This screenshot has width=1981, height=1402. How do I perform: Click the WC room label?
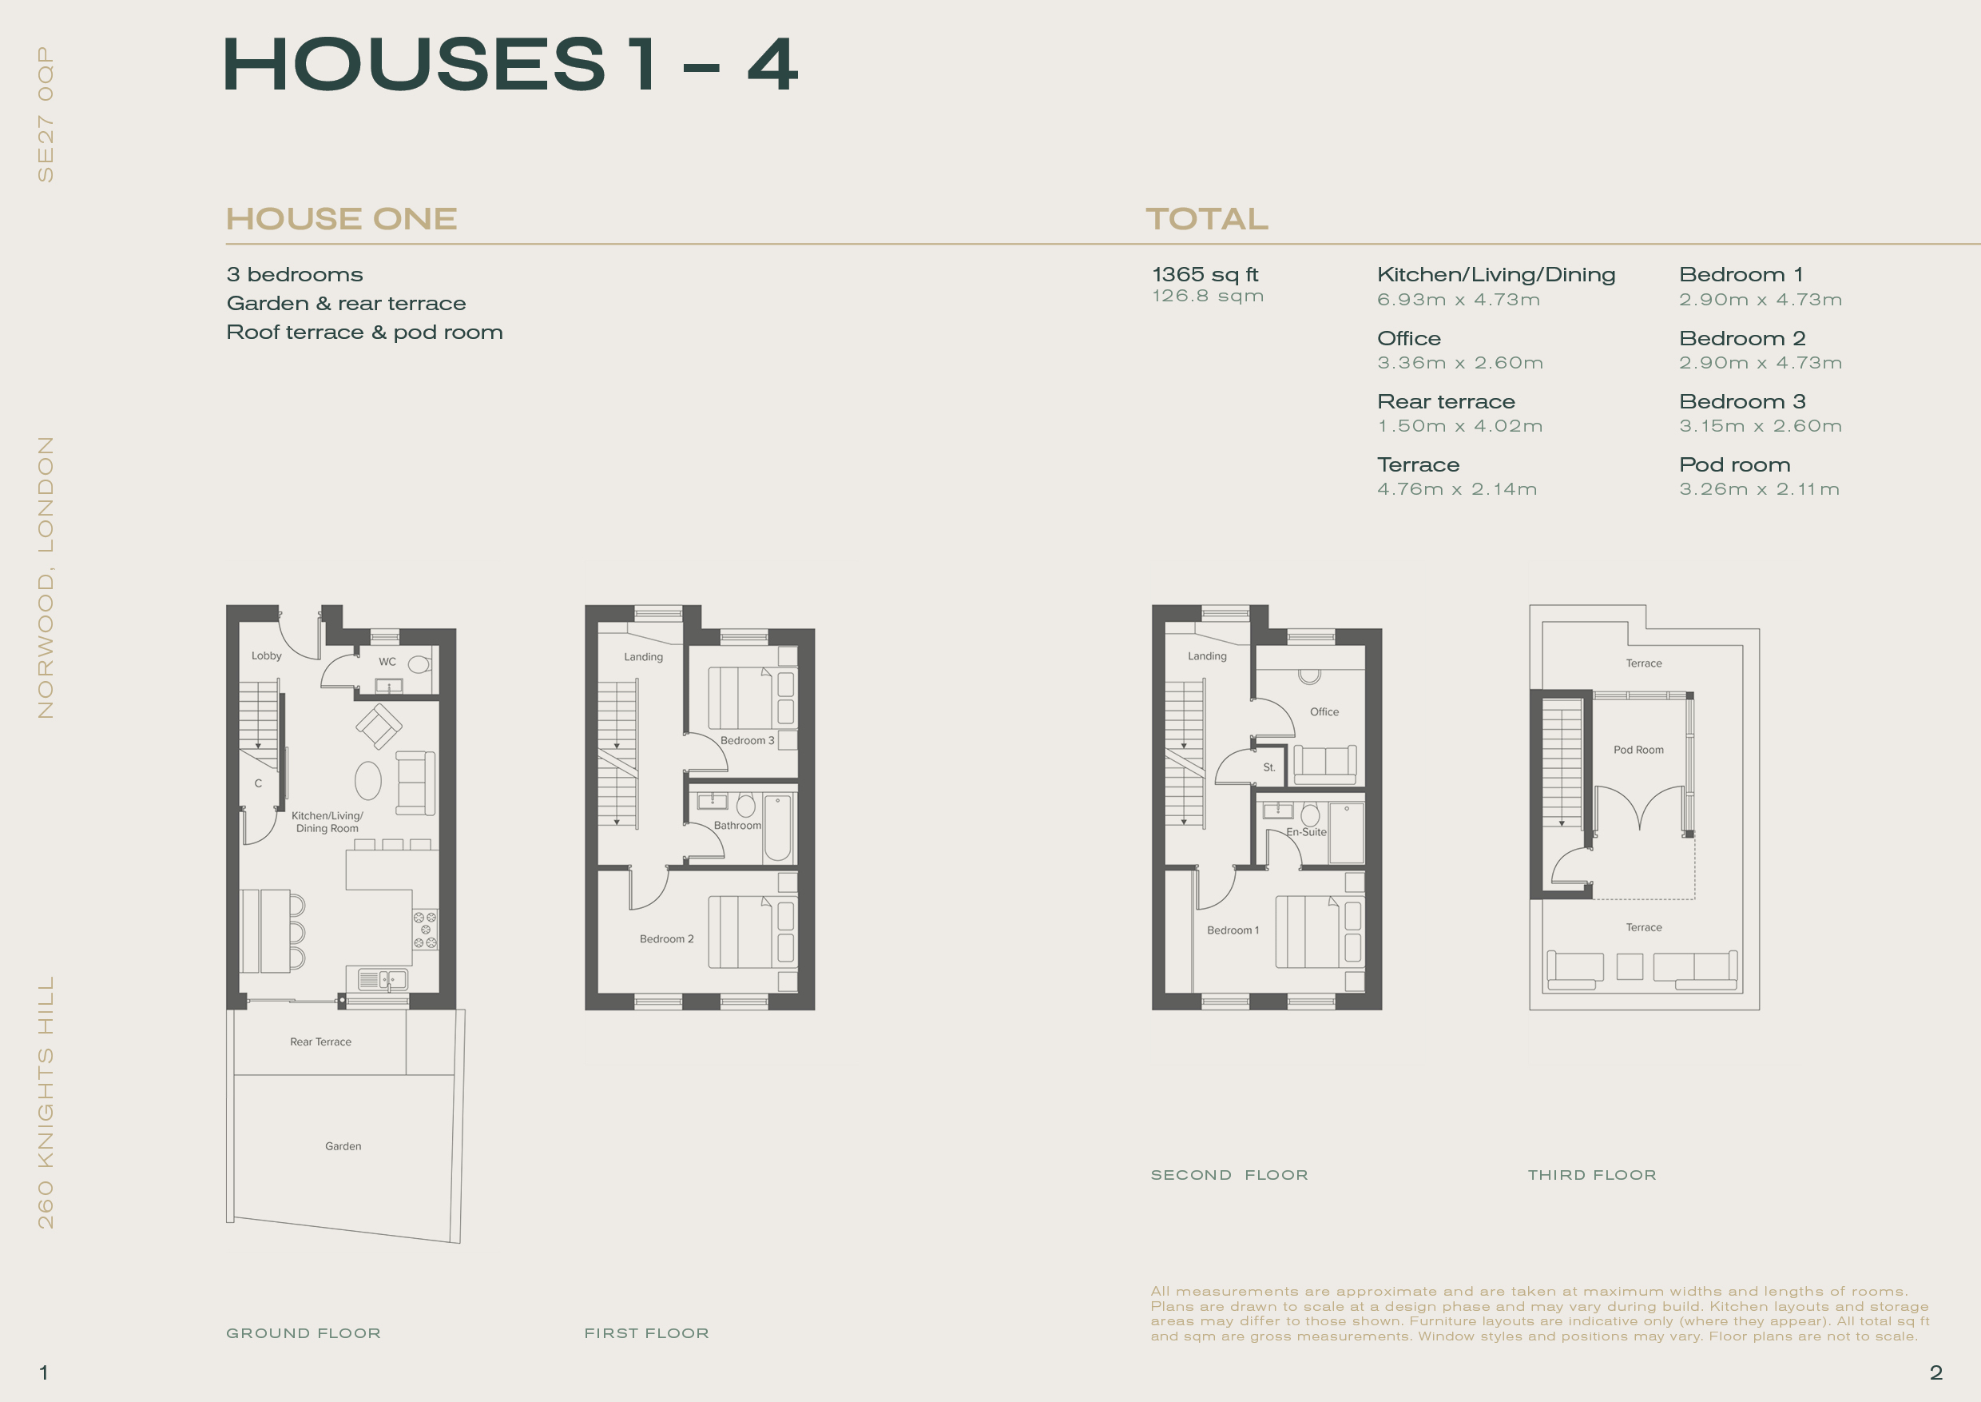pos(387,662)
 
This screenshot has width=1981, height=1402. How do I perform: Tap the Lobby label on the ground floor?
pos(267,656)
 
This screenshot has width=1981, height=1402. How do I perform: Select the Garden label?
pos(343,1146)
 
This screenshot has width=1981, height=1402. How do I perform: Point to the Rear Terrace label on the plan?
pos(321,1042)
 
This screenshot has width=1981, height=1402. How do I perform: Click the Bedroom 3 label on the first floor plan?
pos(747,741)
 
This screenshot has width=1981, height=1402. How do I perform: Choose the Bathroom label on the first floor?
pos(738,826)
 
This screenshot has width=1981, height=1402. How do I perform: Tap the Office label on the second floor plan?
pos(1324,712)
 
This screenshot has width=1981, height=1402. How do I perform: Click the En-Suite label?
pos(1306,832)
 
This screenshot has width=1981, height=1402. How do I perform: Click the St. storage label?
pos(1269,767)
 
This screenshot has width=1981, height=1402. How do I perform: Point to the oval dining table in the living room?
pos(368,781)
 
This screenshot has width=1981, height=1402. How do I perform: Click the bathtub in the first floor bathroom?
pos(777,828)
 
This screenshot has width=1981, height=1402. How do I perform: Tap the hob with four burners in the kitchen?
pos(424,930)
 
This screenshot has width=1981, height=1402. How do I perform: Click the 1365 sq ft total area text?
pos(1205,274)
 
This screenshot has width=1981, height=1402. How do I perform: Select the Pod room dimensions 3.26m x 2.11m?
pos(1759,489)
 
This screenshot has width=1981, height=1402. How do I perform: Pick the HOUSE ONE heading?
pos(342,219)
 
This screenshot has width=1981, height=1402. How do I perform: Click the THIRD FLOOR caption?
pos(1592,1175)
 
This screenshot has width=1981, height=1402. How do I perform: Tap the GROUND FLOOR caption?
pos(304,1333)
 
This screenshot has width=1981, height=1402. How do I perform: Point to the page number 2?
pos(1936,1372)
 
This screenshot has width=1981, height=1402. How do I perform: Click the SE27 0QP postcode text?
pos(46,114)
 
